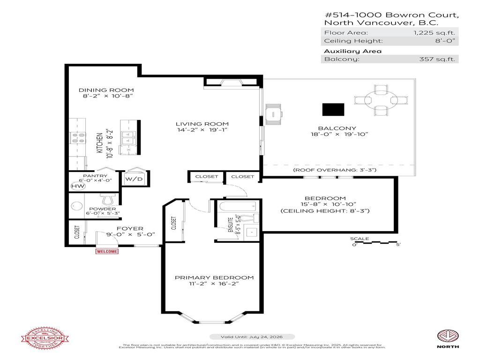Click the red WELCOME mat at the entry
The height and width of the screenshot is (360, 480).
pos(107,251)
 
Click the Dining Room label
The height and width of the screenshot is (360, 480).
pos(106,90)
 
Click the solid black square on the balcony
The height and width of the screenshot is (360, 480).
pos(333,109)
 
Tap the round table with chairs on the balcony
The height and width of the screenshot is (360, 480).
pos(381,100)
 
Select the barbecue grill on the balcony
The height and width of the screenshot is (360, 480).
pos(273,113)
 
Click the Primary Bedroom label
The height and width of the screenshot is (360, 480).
pos(214,277)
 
